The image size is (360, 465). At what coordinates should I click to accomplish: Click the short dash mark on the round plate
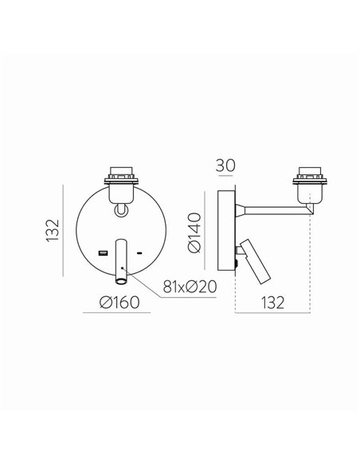point(140,254)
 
